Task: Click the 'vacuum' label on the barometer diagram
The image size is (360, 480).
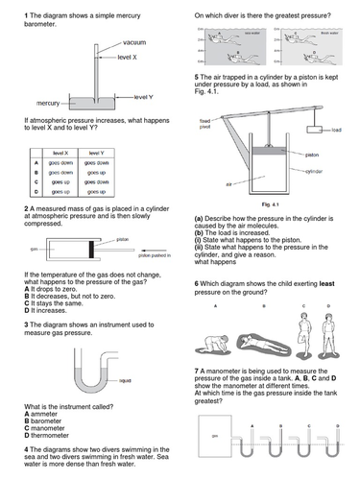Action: (x=134, y=44)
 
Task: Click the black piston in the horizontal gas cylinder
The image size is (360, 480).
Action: (x=92, y=249)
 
